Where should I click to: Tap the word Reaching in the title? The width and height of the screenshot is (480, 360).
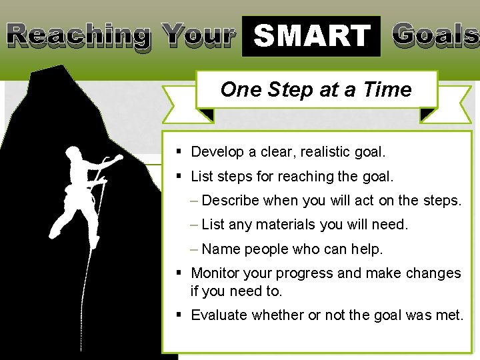(x=79, y=35)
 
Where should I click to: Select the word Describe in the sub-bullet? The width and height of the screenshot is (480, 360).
(x=231, y=201)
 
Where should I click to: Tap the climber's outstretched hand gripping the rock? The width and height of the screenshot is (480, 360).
(x=118, y=159)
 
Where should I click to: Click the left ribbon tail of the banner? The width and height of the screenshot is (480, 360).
(x=179, y=105)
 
